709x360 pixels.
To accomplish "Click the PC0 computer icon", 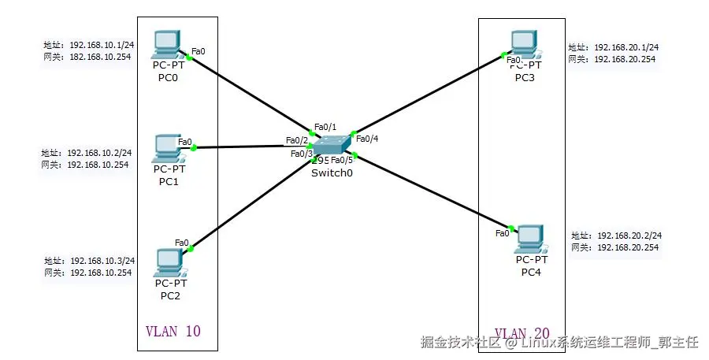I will (168, 45).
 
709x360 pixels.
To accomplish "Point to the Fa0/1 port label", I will (325, 126).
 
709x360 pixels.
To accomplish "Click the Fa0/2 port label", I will (296, 140).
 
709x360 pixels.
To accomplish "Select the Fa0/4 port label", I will (367, 139).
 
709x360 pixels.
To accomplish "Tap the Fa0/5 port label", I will (342, 160).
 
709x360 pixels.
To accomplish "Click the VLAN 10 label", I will (173, 332).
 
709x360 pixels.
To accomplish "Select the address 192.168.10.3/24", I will (102, 261).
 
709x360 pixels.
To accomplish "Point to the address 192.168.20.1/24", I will (625, 47).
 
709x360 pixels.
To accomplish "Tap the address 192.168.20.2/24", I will (629, 236).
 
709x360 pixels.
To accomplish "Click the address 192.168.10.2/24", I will (99, 153).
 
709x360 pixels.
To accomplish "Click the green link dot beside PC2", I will (191, 248).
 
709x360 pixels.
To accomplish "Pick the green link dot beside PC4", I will (512, 228).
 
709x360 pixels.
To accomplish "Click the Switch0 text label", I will (331, 173).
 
